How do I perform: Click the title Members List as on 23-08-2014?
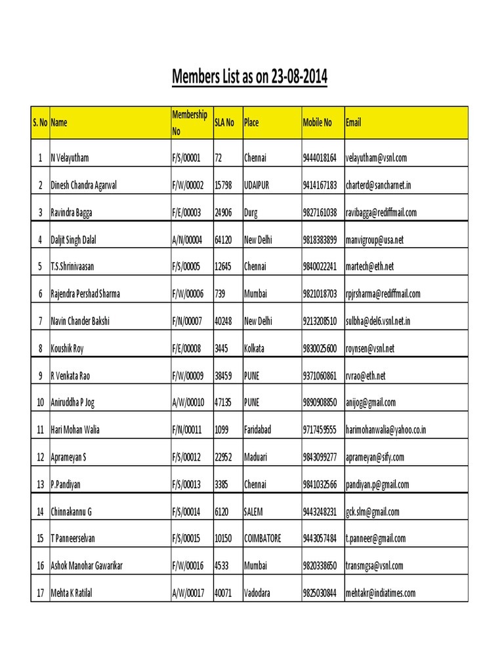(x=249, y=78)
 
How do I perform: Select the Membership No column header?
(x=189, y=123)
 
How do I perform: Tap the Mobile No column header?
(x=317, y=123)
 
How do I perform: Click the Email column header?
(x=353, y=123)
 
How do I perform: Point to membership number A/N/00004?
(x=188, y=240)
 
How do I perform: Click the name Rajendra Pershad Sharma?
(x=85, y=294)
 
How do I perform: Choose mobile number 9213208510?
(x=320, y=321)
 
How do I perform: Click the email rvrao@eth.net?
(x=366, y=375)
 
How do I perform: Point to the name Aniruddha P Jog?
(x=76, y=403)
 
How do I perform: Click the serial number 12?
(x=40, y=457)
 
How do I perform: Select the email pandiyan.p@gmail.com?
(x=377, y=485)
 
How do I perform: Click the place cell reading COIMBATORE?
(x=262, y=539)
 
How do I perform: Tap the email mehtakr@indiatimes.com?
(x=381, y=593)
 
